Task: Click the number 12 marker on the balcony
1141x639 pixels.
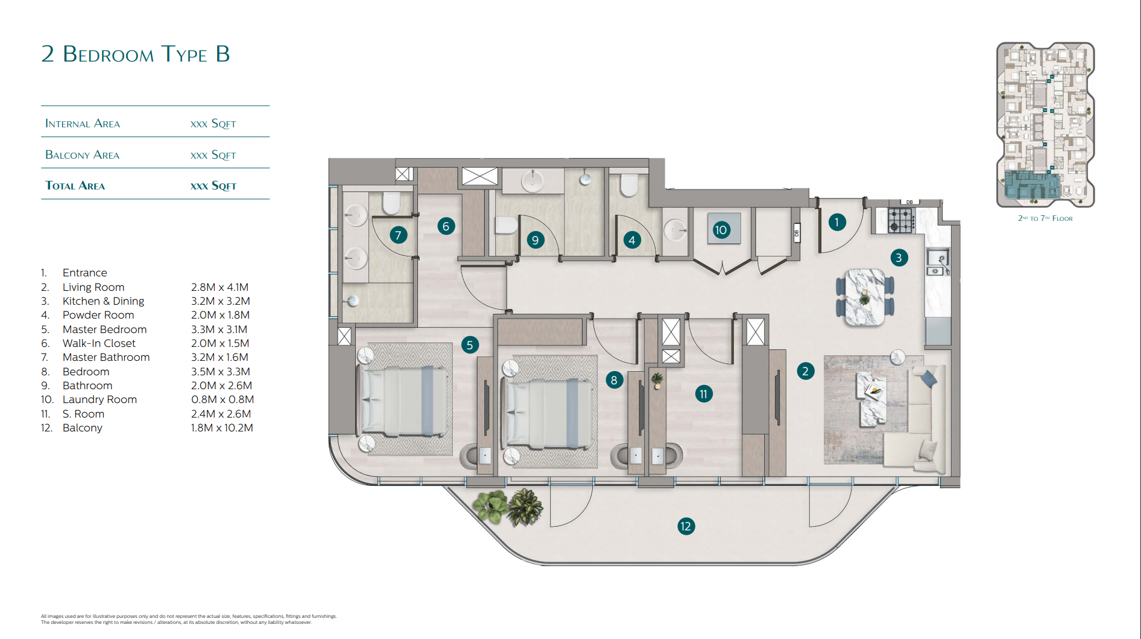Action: pos(686,526)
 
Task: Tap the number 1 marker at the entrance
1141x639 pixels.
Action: pos(836,222)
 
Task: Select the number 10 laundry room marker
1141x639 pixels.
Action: pos(721,230)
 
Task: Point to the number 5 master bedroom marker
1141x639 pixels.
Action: pos(470,345)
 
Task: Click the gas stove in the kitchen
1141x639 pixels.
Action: pos(901,220)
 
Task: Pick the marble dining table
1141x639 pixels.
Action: pos(865,297)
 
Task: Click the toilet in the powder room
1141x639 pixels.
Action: pos(628,186)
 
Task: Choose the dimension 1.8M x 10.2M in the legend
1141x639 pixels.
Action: pos(222,428)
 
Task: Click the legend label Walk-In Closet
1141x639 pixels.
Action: pos(99,343)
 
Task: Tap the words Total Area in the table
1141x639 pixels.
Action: pos(75,186)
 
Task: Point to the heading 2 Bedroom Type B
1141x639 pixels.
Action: pos(136,54)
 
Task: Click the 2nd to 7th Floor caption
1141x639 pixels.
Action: pos(1045,218)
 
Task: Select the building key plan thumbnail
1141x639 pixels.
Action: pos(1045,125)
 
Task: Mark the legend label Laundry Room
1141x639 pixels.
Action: pos(100,399)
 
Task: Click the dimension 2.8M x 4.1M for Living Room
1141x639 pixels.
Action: pos(220,287)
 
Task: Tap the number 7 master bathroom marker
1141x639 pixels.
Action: pos(398,235)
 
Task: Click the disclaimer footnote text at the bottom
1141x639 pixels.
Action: pos(189,619)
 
